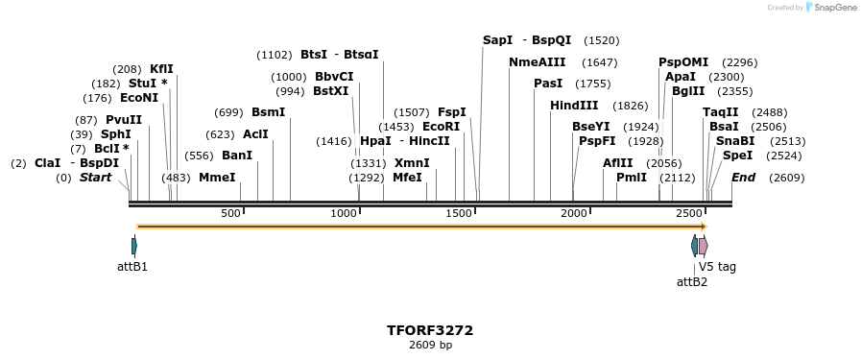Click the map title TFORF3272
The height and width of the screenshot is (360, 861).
pos(430,330)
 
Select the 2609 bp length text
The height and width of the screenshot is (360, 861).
pos(430,345)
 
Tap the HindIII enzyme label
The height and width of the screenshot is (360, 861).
pos(574,106)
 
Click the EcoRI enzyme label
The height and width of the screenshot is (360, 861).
pos(442,127)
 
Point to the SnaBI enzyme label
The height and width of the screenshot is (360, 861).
pos(735,141)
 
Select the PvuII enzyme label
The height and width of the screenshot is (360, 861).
pos(124,120)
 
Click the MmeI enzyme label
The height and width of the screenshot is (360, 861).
pos(217,178)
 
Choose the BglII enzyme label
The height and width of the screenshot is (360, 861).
pos(688,91)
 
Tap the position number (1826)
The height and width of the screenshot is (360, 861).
pos(631,106)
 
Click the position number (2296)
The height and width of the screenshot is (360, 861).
pos(739,62)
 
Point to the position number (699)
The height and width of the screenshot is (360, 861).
pos(228,112)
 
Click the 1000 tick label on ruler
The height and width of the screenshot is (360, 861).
pos(344,213)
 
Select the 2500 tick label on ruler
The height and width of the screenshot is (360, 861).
pos(689,213)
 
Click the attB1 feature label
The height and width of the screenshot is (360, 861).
pos(132,266)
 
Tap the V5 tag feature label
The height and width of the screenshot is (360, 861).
pos(717,267)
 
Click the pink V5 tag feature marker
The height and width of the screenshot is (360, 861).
pos(704,246)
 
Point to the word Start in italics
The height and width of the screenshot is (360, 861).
pos(95,178)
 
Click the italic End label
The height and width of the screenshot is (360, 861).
pos(743,178)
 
